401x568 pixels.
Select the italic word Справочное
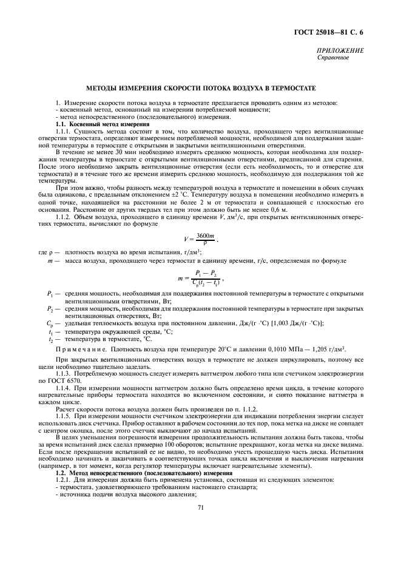coord(333,58)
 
